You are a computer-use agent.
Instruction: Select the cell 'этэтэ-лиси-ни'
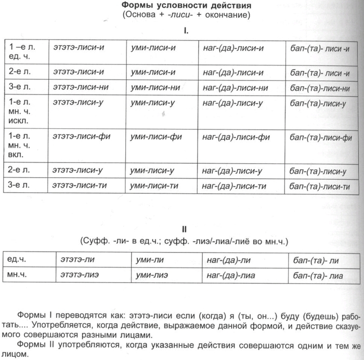81,87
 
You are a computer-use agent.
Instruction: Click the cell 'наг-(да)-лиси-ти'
235,185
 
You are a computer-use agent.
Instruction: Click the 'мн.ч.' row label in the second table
17,274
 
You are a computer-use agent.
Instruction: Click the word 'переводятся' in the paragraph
82,315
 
